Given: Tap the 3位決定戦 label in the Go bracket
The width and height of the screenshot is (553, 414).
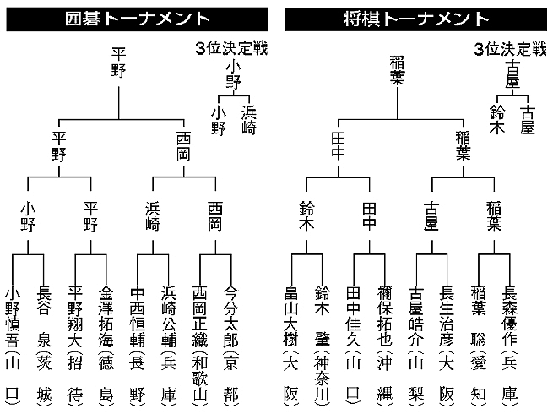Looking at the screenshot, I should tap(230, 48).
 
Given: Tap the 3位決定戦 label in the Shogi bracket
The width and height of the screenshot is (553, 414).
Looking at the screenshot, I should tap(510, 48).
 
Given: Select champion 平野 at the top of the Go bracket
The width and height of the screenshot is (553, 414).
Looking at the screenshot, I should tap(118, 63).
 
